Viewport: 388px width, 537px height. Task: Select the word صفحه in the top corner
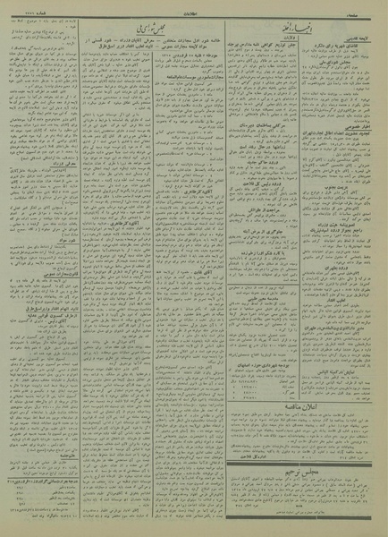click(371, 7)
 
